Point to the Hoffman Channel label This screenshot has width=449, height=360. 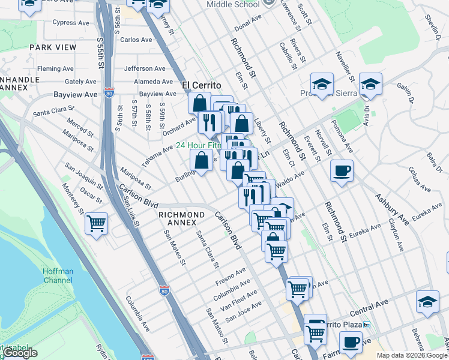[x=58, y=275]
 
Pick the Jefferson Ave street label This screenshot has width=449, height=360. [x=145, y=69]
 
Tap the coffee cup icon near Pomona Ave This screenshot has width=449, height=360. [x=342, y=171]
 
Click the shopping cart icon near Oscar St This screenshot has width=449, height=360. [x=96, y=223]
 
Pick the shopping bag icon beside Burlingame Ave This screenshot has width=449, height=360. [x=202, y=160]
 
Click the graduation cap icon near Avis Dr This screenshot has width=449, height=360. [x=370, y=84]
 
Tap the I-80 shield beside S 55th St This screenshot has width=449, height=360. [x=108, y=93]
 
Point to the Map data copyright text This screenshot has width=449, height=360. [x=411, y=355]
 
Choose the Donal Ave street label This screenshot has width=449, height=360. [x=249, y=28]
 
